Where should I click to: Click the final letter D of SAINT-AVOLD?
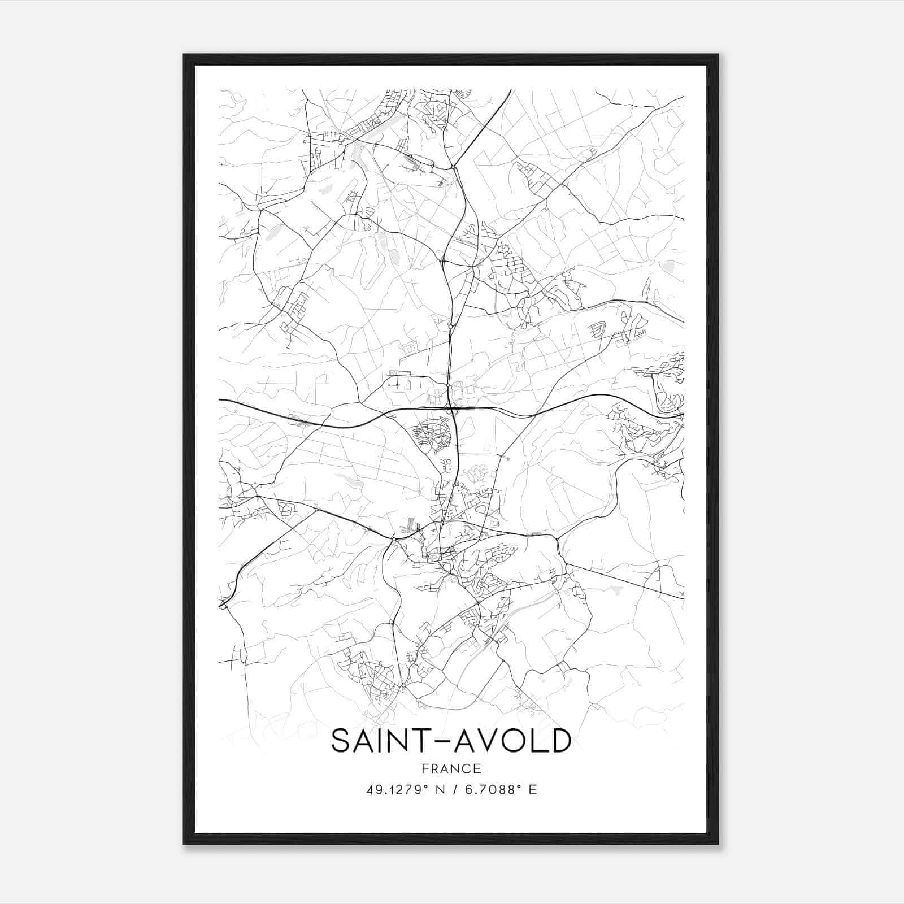pyautogui.click(x=561, y=741)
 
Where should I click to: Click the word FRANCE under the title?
pyautogui.click(x=451, y=768)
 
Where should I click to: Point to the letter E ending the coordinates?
pyautogui.click(x=532, y=790)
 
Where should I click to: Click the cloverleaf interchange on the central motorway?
pyautogui.click(x=451, y=408)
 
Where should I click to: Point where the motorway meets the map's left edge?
pyautogui.click(x=220, y=399)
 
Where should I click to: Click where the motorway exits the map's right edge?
pyautogui.click(x=683, y=414)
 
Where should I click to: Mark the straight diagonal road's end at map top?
pyautogui.click(x=511, y=90)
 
